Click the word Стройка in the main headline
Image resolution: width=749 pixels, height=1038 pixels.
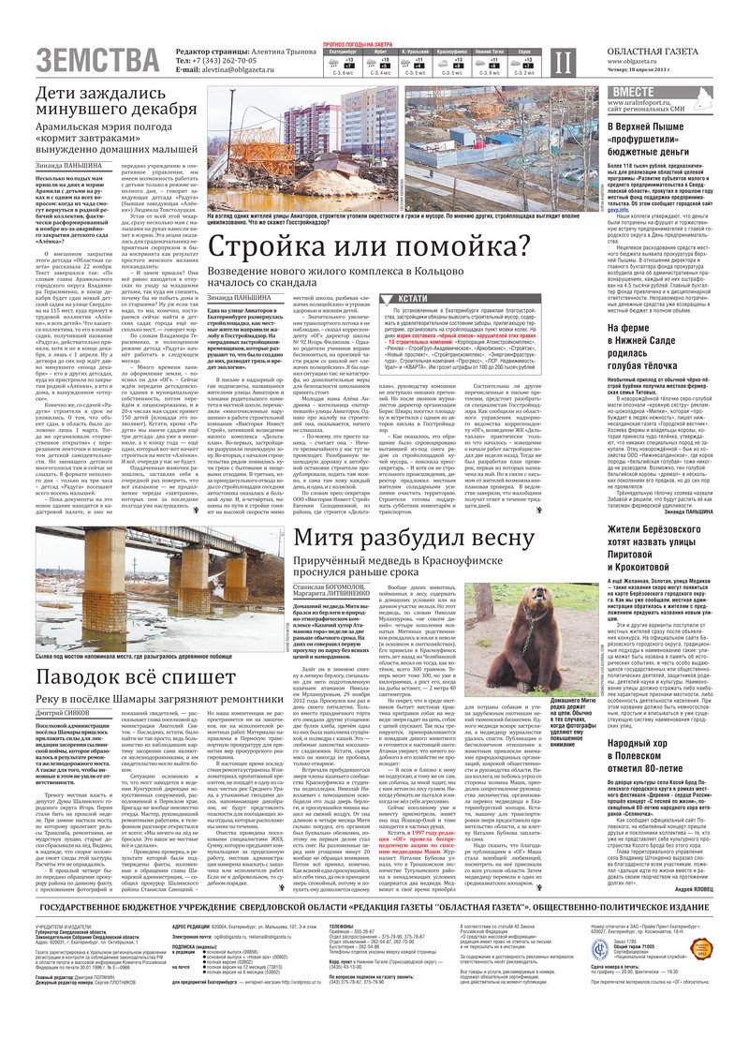(281, 247)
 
